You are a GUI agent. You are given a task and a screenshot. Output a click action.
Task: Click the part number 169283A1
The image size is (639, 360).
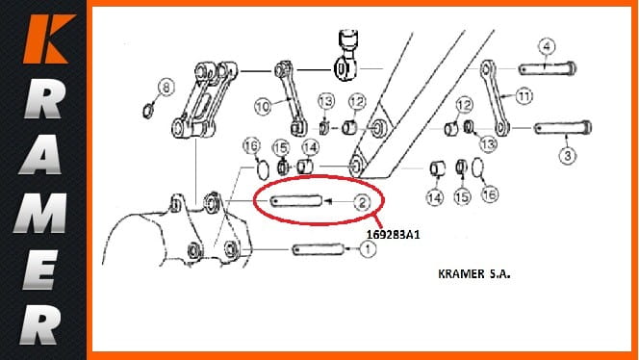pyautogui.click(x=393, y=235)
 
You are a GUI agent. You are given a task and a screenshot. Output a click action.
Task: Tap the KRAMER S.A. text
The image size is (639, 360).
pyautogui.click(x=473, y=273)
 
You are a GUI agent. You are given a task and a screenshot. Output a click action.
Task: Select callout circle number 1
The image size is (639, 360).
pyautogui.click(x=368, y=248)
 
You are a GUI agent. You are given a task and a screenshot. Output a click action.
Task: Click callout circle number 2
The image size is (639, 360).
pyautogui.click(x=362, y=202)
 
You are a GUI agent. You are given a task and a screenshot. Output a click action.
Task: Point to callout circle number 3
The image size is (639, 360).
pyautogui.click(x=568, y=156)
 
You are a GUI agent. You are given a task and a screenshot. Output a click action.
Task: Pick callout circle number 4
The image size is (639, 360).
pyautogui.click(x=547, y=47)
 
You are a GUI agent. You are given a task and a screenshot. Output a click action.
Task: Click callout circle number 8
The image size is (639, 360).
pyautogui.click(x=166, y=88)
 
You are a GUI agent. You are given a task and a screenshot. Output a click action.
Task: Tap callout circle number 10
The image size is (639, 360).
pyautogui.click(x=263, y=107)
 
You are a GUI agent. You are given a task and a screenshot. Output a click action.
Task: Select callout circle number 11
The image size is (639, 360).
pyautogui.click(x=524, y=96)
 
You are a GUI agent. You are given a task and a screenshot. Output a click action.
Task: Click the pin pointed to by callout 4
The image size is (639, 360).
pyautogui.click(x=548, y=68)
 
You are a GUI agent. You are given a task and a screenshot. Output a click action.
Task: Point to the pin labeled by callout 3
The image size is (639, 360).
pyautogui.click(x=563, y=128)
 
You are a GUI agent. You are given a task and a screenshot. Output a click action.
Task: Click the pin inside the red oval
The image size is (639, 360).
pyautogui.click(x=296, y=201)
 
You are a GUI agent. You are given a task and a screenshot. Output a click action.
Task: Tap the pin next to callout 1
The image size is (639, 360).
pyautogui.click(x=319, y=248)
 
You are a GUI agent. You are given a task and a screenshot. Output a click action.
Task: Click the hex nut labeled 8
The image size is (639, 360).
pyautogui.click(x=148, y=111)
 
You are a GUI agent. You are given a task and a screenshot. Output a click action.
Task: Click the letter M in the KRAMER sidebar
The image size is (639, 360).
pyautogui.click(x=40, y=214)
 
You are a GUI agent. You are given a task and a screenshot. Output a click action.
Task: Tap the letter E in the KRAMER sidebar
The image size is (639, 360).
pyautogui.click(x=39, y=270)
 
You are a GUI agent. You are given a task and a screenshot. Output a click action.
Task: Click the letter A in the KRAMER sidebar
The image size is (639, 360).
pyautogui.click(x=40, y=155)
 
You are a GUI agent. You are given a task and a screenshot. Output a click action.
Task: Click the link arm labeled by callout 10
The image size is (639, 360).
pyautogui.click(x=290, y=98)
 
